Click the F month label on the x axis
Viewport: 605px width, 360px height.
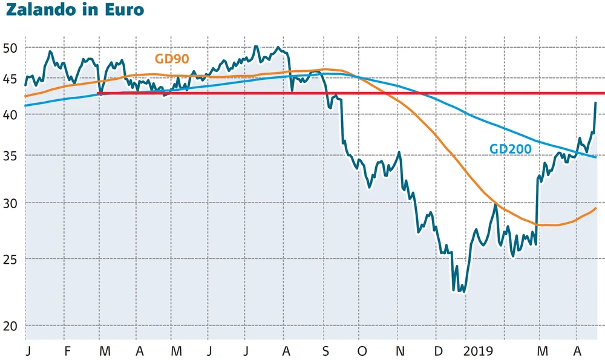click(67, 351)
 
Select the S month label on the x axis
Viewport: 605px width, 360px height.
click(326, 351)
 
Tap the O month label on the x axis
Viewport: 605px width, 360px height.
click(362, 351)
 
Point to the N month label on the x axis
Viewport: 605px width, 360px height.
click(399, 351)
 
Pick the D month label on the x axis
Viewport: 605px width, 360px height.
click(437, 351)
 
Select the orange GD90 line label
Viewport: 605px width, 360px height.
click(172, 59)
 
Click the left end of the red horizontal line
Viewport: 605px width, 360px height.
click(98, 93)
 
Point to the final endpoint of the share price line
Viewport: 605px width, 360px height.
click(596, 103)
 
